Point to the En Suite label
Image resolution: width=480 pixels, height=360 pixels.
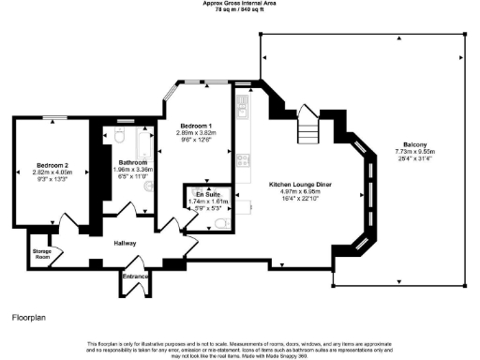202,193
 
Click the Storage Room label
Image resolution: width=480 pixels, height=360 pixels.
42,252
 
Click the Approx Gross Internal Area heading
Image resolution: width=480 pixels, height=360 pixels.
239,4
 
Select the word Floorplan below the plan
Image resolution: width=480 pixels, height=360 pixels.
29,320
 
